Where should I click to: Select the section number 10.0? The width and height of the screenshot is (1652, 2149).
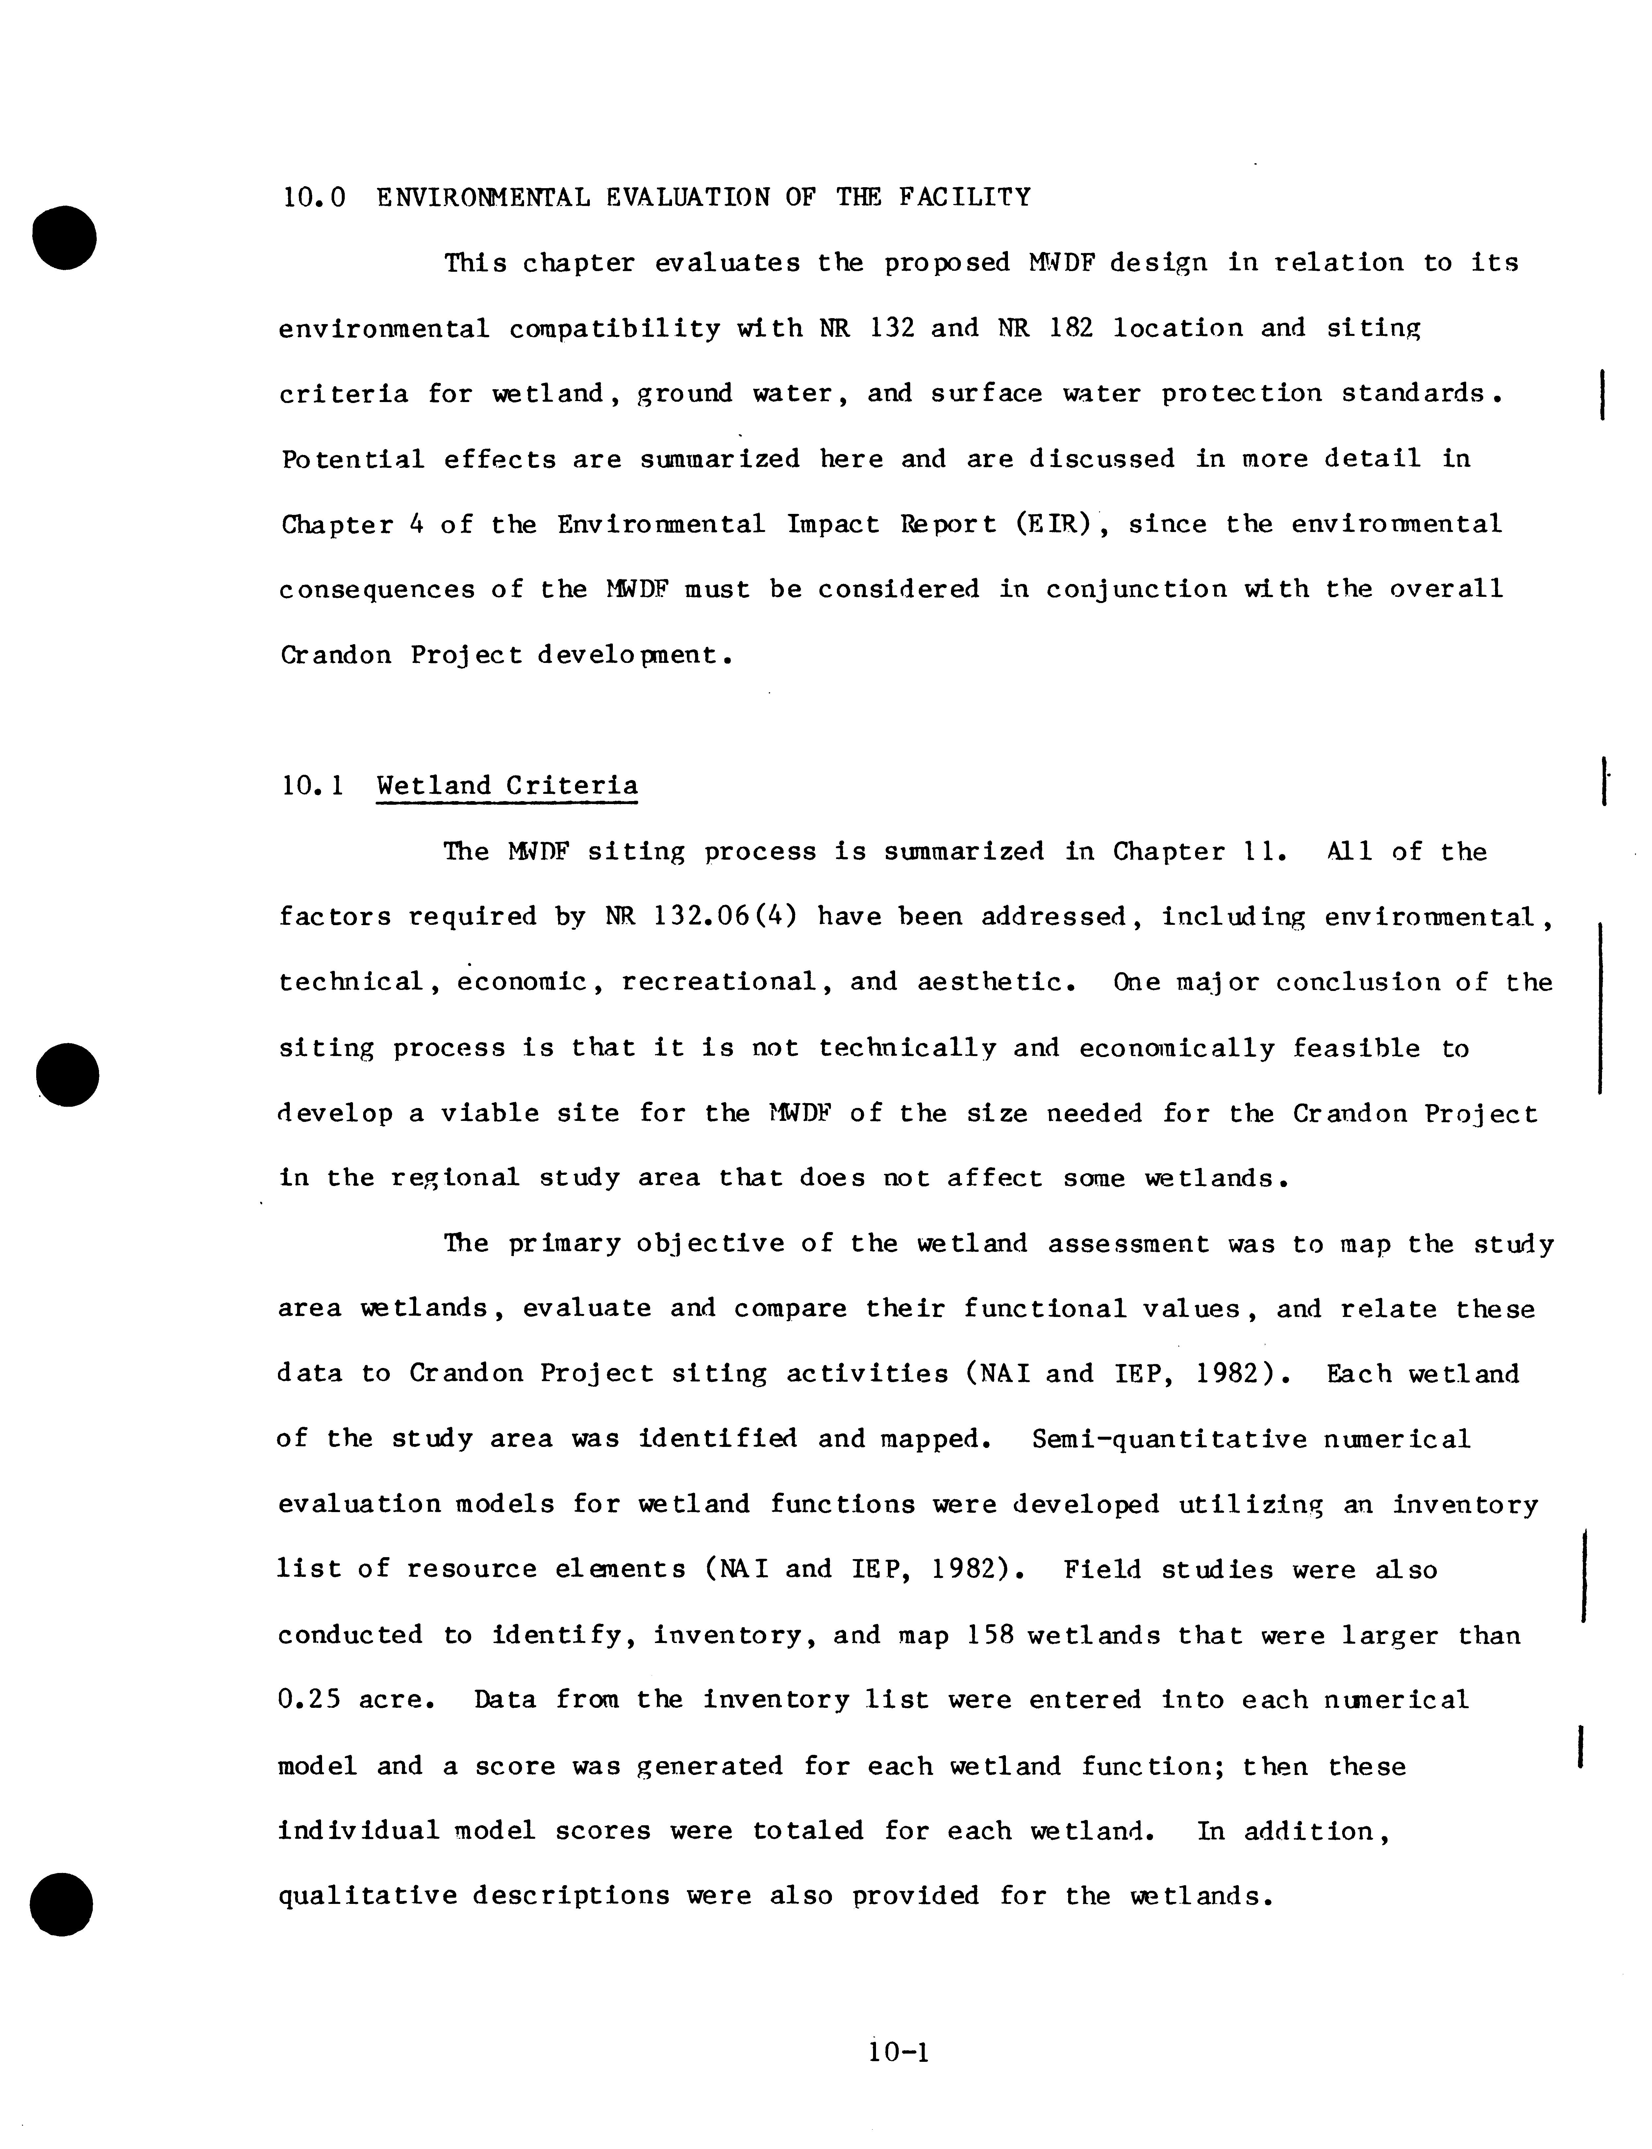pyautogui.click(x=314, y=198)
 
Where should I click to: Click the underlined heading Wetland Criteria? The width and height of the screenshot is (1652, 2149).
pyautogui.click(x=506, y=786)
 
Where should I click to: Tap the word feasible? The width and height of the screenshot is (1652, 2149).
pyautogui.click(x=1356, y=1049)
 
